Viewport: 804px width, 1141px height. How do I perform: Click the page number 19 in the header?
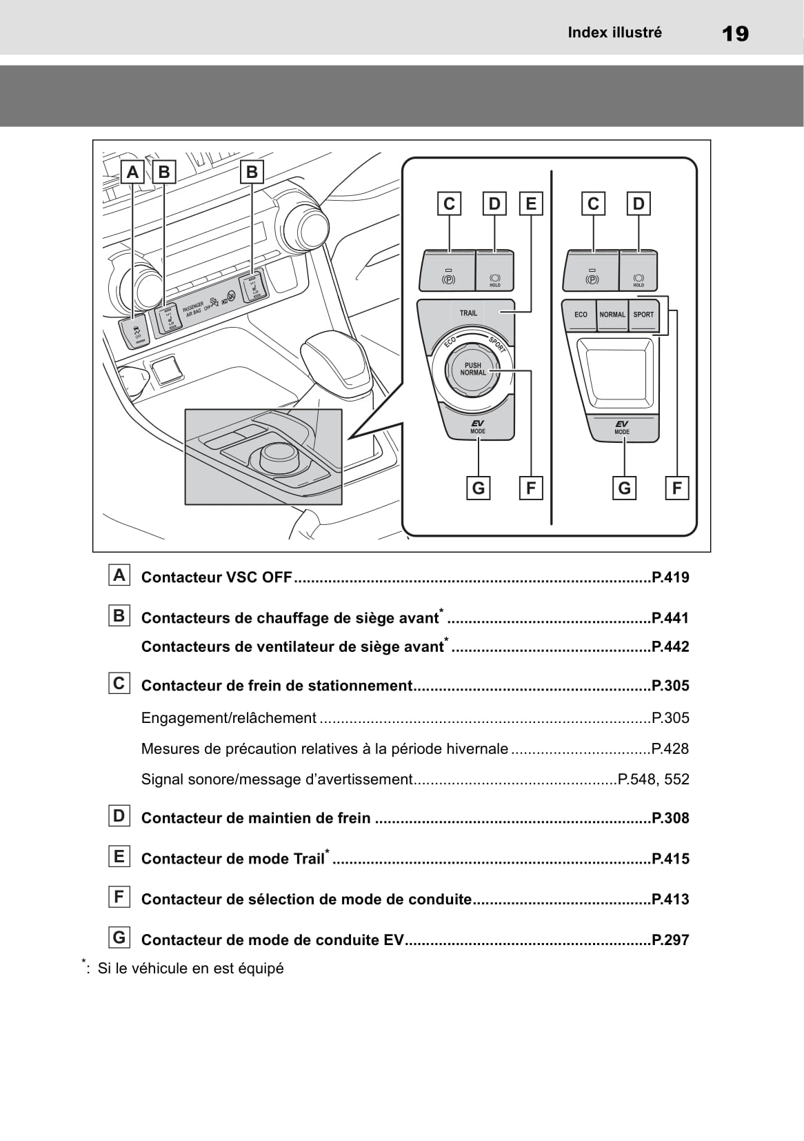736,33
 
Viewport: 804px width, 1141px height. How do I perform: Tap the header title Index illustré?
614,32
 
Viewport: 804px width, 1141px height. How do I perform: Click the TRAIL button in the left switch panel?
468,313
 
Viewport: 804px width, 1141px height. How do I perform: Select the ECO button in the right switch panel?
581,315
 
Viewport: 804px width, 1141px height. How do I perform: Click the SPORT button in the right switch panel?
643,315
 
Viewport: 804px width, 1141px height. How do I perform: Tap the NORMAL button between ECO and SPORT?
612,315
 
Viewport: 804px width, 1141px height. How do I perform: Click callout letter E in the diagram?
530,204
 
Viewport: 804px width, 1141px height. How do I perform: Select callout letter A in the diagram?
132,171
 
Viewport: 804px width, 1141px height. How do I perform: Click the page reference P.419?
670,577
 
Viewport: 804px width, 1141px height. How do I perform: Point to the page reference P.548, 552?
654,780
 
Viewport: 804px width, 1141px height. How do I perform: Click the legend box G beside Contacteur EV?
119,937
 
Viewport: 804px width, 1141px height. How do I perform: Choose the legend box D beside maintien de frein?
119,816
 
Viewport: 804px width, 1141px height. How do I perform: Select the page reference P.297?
670,940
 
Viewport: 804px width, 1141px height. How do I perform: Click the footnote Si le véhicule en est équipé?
190,968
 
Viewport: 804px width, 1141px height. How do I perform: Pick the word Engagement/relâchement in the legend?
228,717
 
